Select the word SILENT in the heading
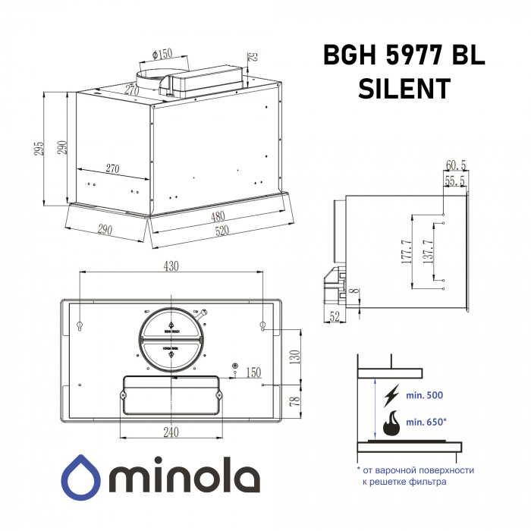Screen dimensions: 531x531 [x=403, y=88]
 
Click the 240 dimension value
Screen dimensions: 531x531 [x=171, y=432]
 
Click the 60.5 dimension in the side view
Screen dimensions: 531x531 [x=455, y=165]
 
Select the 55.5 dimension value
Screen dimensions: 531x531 [x=455, y=181]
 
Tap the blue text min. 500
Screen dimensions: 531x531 [x=425, y=395]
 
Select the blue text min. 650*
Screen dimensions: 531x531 [x=426, y=422]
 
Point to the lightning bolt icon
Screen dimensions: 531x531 [x=392, y=395]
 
